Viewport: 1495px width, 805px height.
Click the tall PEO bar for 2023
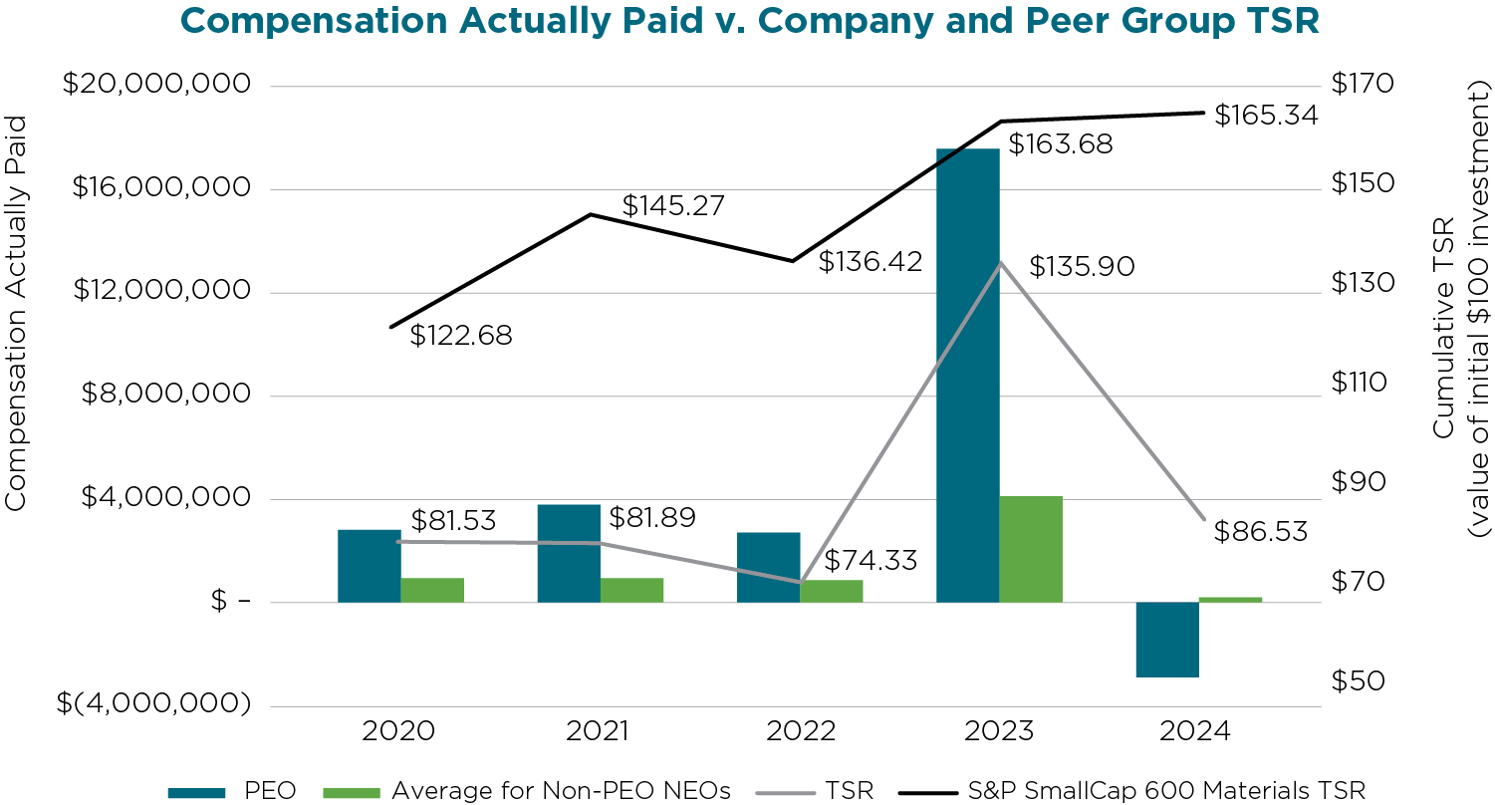point(967,375)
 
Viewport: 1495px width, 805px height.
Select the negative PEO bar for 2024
point(1167,639)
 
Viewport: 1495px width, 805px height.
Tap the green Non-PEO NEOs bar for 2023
point(1031,548)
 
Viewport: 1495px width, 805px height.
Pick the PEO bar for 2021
point(569,553)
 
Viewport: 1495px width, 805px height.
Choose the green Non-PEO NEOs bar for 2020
point(432,590)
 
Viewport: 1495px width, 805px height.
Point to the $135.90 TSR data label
point(1082,267)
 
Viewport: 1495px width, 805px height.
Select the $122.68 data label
point(461,336)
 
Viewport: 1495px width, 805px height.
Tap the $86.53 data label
point(1261,532)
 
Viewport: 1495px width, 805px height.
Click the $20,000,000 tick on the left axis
point(156,85)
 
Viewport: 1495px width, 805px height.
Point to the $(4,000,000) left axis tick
point(153,704)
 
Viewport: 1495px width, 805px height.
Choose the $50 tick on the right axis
point(1363,681)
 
